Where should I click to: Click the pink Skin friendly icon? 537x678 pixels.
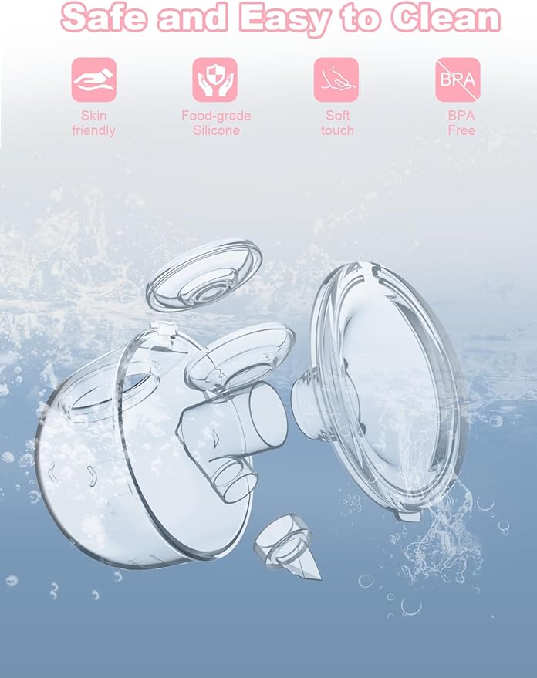click(94, 80)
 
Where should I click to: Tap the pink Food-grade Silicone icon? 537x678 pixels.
click(215, 80)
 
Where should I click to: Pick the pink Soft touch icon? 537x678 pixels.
click(336, 80)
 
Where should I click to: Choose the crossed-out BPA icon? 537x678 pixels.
click(458, 80)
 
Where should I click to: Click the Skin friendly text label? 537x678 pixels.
click(94, 123)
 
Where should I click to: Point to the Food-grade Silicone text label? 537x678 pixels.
click(215, 123)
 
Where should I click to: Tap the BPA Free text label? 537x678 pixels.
click(461, 123)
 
